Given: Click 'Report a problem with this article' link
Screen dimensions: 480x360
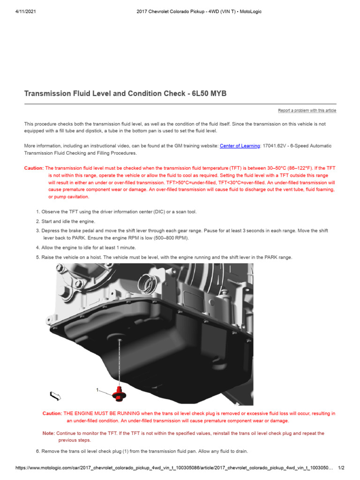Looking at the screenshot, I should [307, 111].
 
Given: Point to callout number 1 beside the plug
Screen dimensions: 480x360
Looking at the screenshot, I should [97, 390].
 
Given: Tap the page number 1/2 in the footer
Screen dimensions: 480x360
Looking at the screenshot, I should [341, 468].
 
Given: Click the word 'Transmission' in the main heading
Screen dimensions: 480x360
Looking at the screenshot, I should [47, 94].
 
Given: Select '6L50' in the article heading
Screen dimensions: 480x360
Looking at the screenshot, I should [201, 94].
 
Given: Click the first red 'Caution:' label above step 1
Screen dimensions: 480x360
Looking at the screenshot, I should [34, 168].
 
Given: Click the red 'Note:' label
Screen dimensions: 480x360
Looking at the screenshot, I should [48, 434].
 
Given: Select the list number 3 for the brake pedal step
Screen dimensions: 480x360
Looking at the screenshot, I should [38, 231].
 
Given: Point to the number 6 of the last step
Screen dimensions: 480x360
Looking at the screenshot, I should [38, 451].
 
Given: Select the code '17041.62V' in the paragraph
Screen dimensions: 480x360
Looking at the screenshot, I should [274, 146].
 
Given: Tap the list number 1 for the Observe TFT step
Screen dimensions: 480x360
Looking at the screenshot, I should [38, 212].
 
